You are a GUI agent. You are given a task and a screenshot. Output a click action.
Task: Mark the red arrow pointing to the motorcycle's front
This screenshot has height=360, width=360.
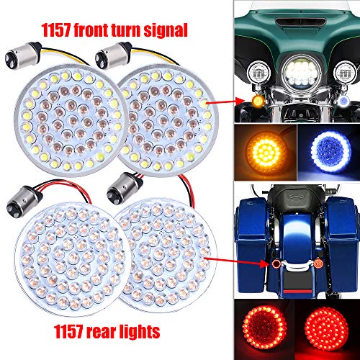click(x=224, y=104)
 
